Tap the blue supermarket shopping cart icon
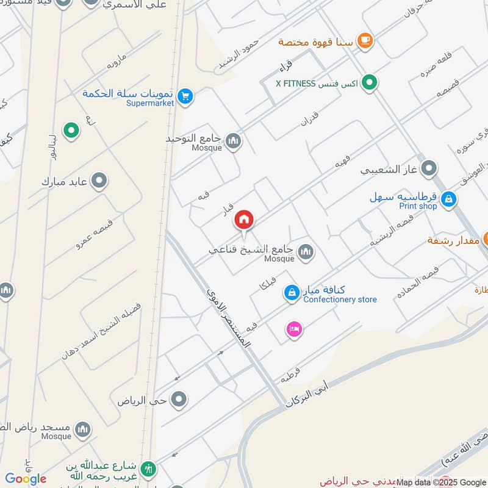point(186,96)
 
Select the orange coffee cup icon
point(365,41)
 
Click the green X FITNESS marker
point(369,83)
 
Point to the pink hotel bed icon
point(294,329)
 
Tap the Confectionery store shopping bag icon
point(292,293)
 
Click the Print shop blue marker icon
point(448,199)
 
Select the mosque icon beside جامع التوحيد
point(233,142)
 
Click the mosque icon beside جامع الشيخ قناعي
point(305,251)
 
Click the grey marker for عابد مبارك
point(99,181)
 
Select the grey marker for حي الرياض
point(179,400)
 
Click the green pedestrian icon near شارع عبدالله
point(148,469)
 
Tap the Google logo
point(26,479)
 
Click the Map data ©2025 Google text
point(441,482)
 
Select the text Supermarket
point(150,103)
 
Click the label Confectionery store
point(340,300)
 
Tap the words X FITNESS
point(296,84)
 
